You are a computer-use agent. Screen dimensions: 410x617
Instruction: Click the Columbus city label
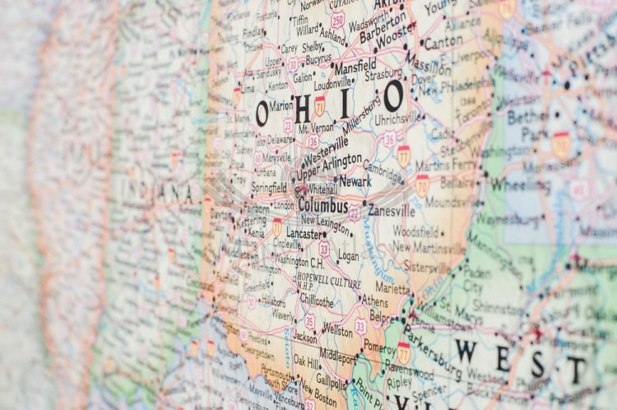[x=323, y=205]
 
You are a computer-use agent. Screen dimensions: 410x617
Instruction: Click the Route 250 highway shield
[x=338, y=20]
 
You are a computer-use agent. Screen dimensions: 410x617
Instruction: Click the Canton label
[x=443, y=42]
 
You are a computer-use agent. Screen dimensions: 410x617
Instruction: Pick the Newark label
[x=355, y=181]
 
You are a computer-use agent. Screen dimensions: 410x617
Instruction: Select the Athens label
[x=374, y=301]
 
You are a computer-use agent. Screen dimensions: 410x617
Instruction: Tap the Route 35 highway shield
[x=309, y=321]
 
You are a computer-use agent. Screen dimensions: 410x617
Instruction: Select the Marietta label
[x=393, y=289]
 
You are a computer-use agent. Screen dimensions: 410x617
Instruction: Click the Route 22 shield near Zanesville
[x=354, y=213]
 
